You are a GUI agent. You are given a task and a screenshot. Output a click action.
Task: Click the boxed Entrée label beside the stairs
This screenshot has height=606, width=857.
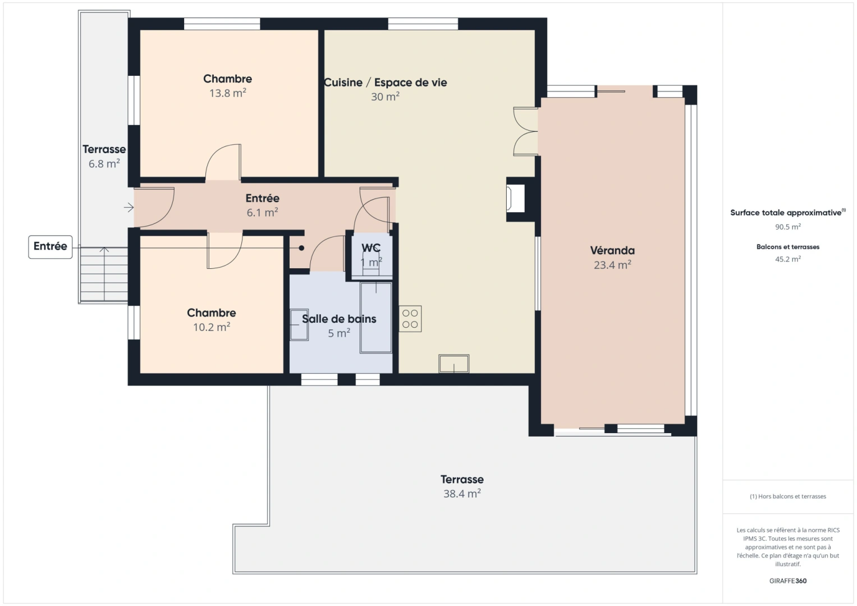(51, 246)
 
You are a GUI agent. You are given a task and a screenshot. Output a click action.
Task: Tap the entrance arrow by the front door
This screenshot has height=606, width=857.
(129, 208)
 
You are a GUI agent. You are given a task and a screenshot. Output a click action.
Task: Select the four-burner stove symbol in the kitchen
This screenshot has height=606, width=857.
(410, 319)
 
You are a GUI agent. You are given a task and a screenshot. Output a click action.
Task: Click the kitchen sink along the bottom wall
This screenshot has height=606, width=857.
(453, 364)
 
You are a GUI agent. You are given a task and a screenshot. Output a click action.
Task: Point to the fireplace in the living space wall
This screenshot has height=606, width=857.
(515, 199)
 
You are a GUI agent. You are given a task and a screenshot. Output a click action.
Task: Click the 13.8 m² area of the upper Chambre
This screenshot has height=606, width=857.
(227, 93)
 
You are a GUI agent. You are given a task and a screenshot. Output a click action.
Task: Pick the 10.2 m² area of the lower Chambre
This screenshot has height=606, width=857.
(211, 327)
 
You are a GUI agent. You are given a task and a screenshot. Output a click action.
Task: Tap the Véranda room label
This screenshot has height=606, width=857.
(612, 251)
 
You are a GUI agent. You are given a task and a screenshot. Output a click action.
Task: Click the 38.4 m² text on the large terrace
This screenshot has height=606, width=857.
(461, 494)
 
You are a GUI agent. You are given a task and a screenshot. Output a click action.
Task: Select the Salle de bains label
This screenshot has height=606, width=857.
(339, 319)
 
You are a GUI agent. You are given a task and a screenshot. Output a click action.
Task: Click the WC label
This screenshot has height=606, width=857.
(370, 247)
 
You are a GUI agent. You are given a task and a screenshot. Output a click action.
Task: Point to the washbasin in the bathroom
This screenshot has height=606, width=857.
(299, 325)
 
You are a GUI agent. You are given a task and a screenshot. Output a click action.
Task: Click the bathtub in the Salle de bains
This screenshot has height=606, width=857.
(375, 318)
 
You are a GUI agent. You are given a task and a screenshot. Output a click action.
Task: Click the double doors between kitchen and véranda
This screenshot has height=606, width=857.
(526, 131)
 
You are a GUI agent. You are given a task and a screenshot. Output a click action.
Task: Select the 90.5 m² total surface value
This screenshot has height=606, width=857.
(787, 227)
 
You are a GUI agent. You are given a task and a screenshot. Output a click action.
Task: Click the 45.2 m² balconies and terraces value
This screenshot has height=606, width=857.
(787, 259)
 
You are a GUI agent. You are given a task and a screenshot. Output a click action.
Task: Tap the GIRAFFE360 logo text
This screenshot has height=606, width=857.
(787, 581)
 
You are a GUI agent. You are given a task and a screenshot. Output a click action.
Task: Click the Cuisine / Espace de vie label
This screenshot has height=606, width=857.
(386, 82)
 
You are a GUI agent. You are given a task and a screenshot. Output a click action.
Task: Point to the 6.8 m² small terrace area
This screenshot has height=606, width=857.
(104, 164)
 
